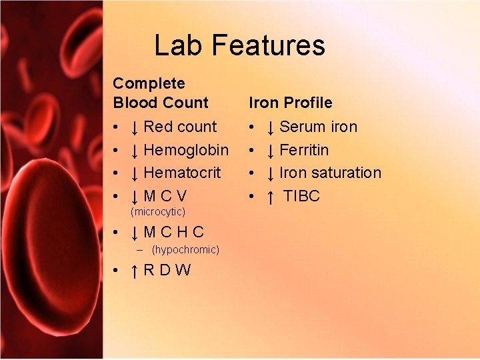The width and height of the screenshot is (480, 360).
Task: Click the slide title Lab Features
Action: (x=239, y=45)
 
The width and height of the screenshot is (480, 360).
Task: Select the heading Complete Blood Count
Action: (x=160, y=93)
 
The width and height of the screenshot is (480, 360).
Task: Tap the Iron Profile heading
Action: (x=290, y=103)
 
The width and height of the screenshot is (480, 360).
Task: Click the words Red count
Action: (x=180, y=127)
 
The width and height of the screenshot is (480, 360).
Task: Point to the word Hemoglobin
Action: (x=186, y=150)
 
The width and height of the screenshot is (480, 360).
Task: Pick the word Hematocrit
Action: (x=182, y=173)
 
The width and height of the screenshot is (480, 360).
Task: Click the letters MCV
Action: (x=165, y=196)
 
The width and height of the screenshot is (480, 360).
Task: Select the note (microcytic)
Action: (x=158, y=212)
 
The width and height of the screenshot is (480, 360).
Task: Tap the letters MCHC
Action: (x=174, y=233)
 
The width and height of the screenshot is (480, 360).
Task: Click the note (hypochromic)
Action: (x=185, y=250)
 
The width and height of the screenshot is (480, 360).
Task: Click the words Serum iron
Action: (x=318, y=127)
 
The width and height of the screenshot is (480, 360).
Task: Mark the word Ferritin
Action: (x=304, y=150)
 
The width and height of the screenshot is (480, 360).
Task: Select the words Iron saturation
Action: (x=330, y=173)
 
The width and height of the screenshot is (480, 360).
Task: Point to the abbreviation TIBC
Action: (x=301, y=196)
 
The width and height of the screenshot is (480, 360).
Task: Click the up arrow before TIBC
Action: (x=271, y=197)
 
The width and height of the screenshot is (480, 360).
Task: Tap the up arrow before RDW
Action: (x=135, y=271)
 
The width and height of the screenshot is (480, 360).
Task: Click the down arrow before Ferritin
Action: (x=271, y=151)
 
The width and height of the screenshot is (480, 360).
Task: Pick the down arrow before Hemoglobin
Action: (x=135, y=151)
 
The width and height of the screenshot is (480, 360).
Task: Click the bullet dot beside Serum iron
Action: (x=251, y=127)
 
